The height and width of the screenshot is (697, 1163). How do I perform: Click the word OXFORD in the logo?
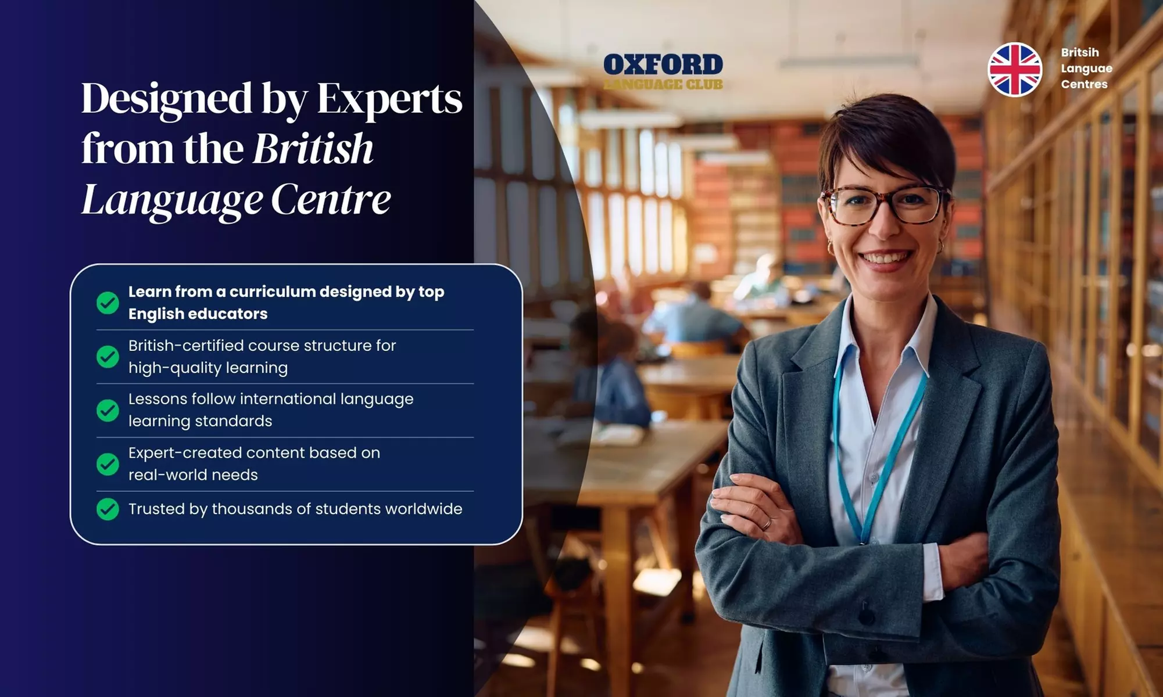663,64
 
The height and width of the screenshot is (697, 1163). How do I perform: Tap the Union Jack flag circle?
1015,69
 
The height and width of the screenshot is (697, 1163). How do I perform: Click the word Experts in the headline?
389,99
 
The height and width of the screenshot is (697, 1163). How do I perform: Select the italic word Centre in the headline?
331,199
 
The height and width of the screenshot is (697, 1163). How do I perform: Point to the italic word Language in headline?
172,200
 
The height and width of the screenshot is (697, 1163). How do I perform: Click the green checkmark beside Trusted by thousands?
108,509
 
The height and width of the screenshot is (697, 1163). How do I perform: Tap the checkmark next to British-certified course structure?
108,357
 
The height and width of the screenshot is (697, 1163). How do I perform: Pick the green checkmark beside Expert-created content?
108,464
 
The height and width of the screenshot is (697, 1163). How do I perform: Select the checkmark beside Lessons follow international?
108,411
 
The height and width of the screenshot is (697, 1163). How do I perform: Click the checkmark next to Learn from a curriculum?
108,303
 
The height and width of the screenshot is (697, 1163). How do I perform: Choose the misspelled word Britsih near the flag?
1079,52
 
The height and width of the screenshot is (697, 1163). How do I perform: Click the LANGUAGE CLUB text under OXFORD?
663,85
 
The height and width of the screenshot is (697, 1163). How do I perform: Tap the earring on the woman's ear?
939,246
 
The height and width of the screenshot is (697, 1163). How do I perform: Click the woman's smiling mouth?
885,257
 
